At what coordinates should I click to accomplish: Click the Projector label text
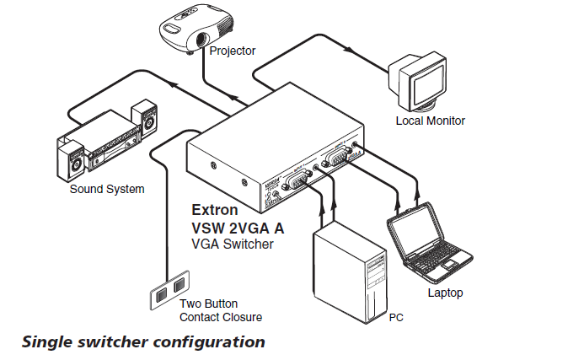[233, 51]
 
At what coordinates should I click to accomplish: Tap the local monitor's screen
[419, 81]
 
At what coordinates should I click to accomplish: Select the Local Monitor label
[430, 121]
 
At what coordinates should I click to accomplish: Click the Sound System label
[106, 189]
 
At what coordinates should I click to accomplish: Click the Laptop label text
[445, 293]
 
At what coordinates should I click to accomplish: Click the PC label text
[396, 320]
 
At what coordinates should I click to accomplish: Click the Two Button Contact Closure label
[220, 310]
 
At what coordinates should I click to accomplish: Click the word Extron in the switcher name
[215, 209]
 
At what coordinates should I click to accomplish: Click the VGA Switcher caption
[233, 244]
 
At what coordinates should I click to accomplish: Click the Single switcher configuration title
[143, 342]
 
